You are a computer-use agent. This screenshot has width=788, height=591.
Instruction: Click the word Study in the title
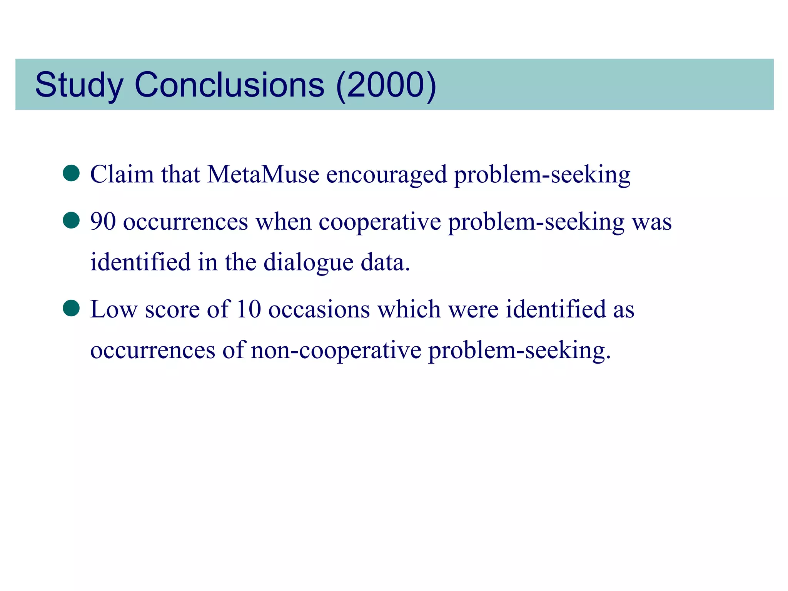pos(79,85)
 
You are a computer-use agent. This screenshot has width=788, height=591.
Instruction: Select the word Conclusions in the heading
pos(229,85)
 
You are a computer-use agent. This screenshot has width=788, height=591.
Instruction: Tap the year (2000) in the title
pos(386,85)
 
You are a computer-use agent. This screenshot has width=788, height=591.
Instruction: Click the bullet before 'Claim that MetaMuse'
pos(71,174)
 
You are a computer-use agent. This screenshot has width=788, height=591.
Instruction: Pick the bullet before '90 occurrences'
pos(71,221)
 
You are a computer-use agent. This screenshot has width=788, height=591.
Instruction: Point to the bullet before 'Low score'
pos(71,308)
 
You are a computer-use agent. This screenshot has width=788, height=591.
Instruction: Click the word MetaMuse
pos(263,174)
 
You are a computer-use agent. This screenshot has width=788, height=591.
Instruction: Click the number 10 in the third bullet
pos(249,309)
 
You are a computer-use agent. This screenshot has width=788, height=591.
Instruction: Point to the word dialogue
pos(308,262)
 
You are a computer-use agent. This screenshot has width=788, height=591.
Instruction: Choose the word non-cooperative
pos(336,350)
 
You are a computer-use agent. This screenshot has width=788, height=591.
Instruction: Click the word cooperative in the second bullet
pos(379,222)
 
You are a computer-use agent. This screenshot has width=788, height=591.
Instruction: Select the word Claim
pos(122,174)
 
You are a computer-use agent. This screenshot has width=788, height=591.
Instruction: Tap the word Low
pos(114,309)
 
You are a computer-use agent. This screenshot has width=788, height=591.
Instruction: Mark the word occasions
pos(319,309)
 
